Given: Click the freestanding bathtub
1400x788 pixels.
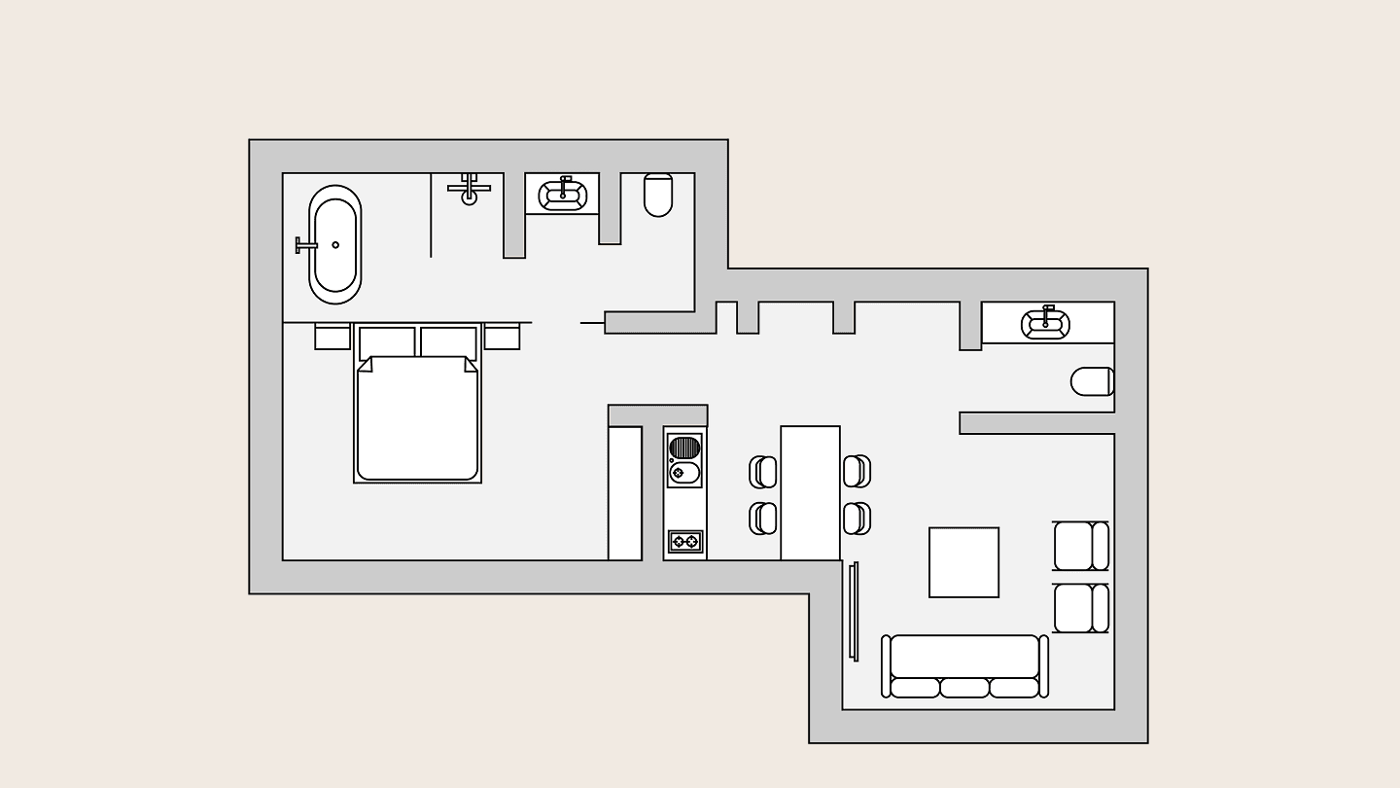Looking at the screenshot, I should click(334, 244).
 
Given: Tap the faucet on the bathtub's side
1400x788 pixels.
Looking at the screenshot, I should click(305, 244).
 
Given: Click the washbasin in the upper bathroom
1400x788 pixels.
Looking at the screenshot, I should click(562, 195).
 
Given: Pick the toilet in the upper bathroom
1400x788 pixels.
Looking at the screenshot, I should click(658, 195).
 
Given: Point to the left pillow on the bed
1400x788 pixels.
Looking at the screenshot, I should click(387, 342).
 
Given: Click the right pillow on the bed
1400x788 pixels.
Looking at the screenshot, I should click(448, 342).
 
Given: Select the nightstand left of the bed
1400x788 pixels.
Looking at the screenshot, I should click(332, 337).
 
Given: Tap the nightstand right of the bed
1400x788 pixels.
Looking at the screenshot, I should click(502, 337).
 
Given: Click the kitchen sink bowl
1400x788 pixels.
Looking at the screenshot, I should click(684, 474).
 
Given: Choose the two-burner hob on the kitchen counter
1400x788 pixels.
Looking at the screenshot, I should click(685, 541).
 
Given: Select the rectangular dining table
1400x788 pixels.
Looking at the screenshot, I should click(810, 492).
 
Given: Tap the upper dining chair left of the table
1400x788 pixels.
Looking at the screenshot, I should click(763, 473).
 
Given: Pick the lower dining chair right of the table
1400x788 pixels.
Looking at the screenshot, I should click(857, 518).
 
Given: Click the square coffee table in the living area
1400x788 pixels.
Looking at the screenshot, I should click(963, 562).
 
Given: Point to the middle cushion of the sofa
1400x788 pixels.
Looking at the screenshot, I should click(964, 688).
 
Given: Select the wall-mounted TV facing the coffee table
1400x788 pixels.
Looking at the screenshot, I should click(854, 611).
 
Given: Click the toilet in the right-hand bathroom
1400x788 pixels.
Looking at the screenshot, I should click(1092, 381).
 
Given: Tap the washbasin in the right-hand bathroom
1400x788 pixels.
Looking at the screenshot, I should click(1045, 323).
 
